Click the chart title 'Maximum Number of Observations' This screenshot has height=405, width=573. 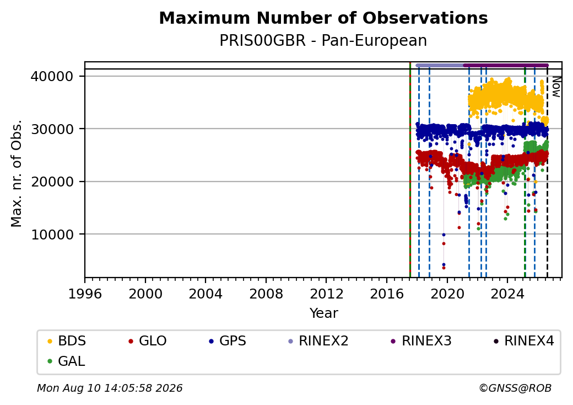pos(323,18)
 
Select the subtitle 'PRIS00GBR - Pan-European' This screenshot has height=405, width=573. pos(323,41)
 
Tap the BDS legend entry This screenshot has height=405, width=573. pos(67,341)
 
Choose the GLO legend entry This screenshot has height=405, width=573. pos(148,341)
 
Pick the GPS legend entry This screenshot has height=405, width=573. pos(228,341)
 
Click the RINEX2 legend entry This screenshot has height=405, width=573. pos(318,341)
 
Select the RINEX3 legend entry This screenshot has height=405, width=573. pos(421,341)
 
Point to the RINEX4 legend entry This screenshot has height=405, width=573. pos(523,341)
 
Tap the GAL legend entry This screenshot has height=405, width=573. pos(66,361)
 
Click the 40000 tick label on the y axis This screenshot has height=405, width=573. pos(52,77)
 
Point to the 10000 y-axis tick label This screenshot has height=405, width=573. pos(52,235)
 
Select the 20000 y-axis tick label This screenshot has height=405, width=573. pos(52,182)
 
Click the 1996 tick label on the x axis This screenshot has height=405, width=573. pos(85,294)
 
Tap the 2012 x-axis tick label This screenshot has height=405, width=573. pos(326,294)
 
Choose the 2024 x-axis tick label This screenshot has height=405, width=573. pos(507,294)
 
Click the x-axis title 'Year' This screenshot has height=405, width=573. pos(324,313)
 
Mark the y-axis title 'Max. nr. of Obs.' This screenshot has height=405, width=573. pos(17,173)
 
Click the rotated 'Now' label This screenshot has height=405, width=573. pos(556,87)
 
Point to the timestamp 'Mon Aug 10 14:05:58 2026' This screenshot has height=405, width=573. pos(110,388)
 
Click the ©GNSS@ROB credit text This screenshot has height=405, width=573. pos(515,388)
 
